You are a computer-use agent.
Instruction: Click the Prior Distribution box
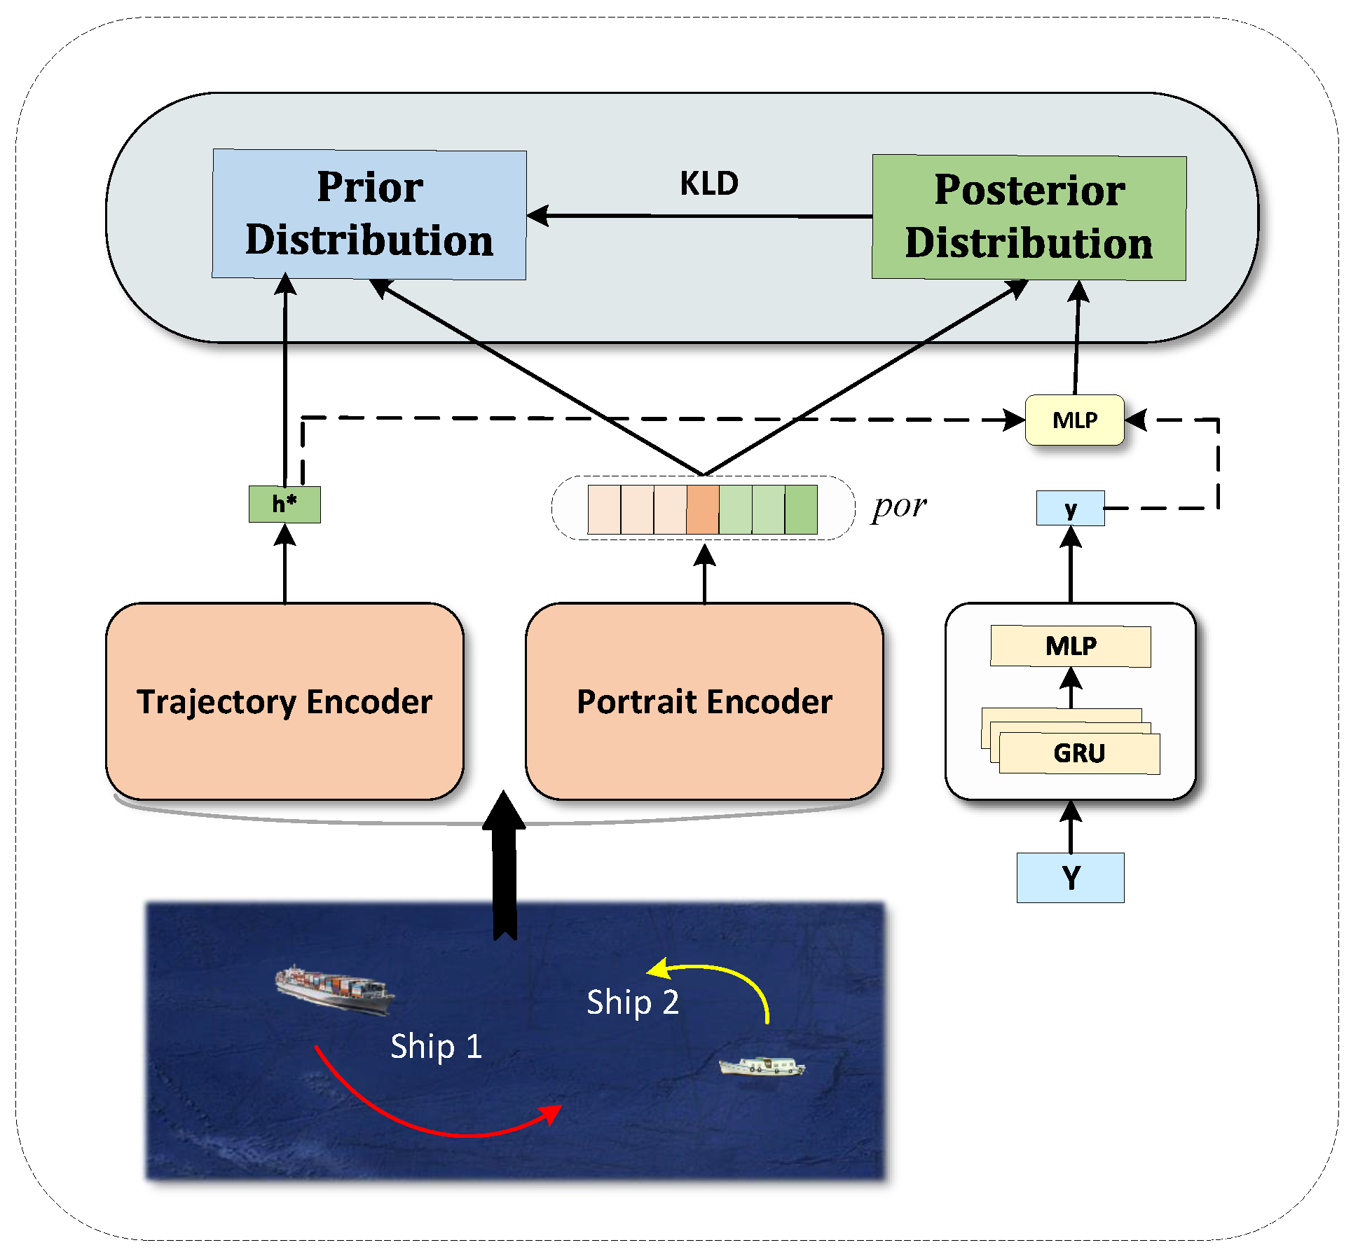click(x=369, y=214)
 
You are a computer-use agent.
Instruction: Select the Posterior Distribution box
click(x=1029, y=217)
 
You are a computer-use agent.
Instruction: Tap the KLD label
click(x=708, y=184)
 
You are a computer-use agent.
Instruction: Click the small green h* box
click(x=284, y=504)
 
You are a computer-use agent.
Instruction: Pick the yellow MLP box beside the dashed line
click(x=1074, y=420)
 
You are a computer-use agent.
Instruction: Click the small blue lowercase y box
click(x=1070, y=509)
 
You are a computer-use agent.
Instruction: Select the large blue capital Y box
click(x=1070, y=877)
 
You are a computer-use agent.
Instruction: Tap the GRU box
click(x=1079, y=753)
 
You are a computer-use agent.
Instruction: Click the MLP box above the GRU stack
click(x=1070, y=645)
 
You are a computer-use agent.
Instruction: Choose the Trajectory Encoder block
click(x=284, y=701)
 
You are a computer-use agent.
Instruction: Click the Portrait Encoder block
click(x=704, y=701)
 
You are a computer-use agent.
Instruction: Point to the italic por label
click(x=899, y=507)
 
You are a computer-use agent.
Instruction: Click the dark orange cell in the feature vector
click(x=703, y=510)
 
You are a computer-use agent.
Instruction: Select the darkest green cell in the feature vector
click(x=801, y=510)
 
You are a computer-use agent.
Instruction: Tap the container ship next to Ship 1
click(x=334, y=989)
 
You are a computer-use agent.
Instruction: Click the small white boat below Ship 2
click(x=762, y=1066)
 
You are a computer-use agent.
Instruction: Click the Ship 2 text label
click(x=633, y=1003)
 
